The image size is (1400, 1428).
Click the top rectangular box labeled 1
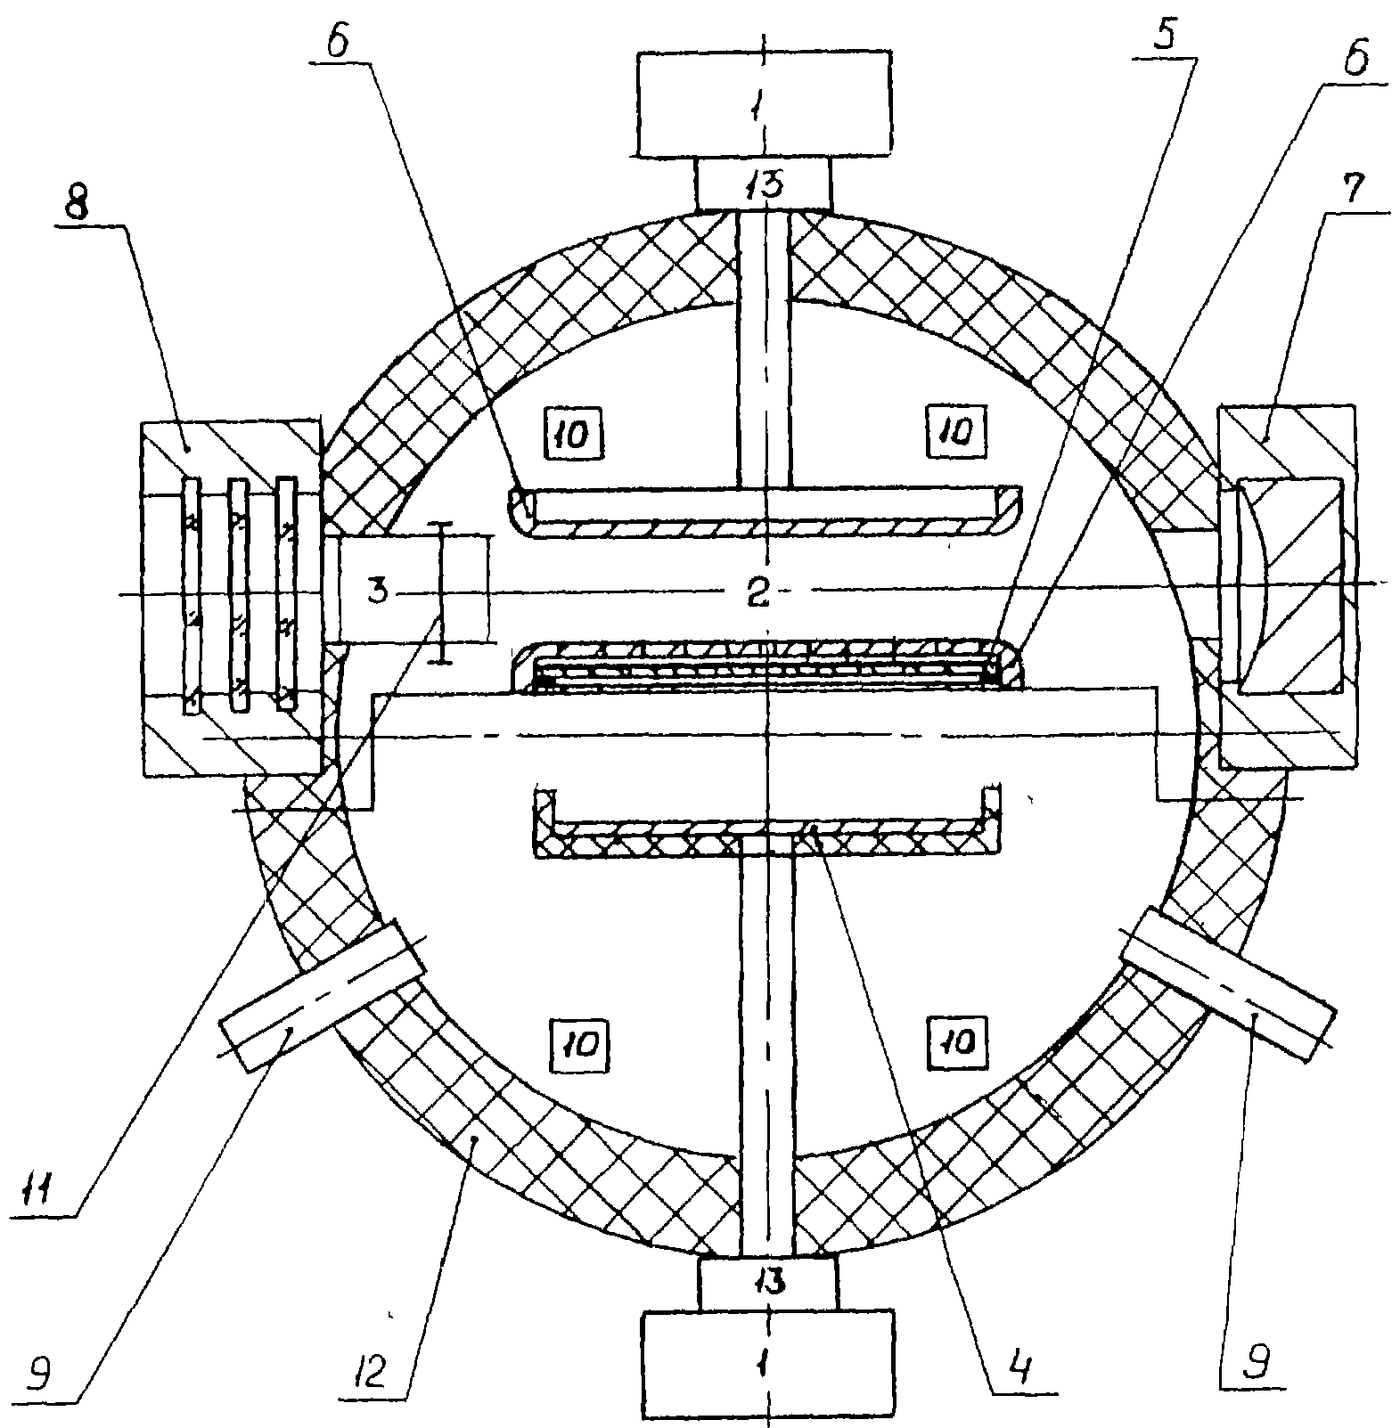coord(765,103)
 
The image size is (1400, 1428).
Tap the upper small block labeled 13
coord(764,184)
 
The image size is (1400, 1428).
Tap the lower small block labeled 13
coord(768,1283)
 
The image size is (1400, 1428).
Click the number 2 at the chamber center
coord(757,593)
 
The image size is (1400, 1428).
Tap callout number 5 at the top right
coord(1163,36)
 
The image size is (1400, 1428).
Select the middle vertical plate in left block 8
coord(238,594)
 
